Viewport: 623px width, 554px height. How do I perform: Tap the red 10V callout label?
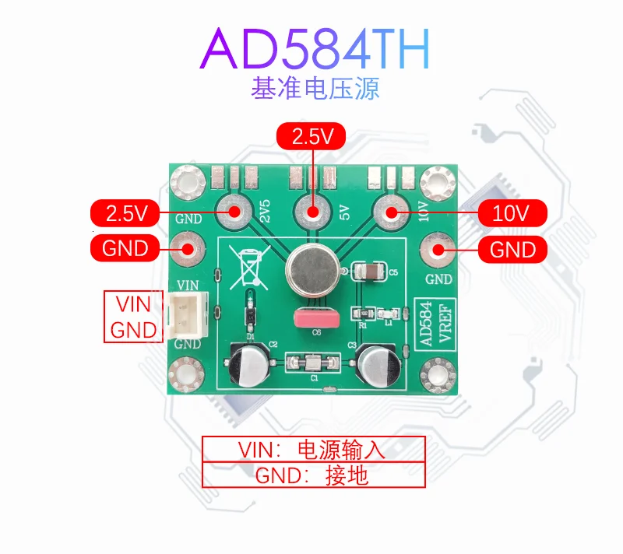pos(511,212)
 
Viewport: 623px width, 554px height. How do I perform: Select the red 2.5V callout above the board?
pos(311,138)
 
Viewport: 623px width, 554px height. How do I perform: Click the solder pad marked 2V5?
pos(233,210)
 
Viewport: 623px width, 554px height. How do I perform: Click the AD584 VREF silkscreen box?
pos(426,326)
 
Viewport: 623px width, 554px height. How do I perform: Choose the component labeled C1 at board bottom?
pos(311,362)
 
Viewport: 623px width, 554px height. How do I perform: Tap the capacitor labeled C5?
pos(368,271)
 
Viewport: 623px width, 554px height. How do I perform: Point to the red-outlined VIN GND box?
pos(133,317)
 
